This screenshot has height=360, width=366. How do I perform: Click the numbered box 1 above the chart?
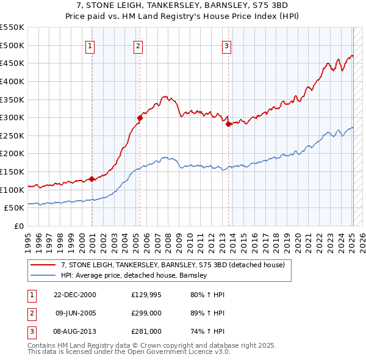click(x=90, y=45)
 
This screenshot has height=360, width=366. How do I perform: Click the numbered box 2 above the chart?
click(x=138, y=45)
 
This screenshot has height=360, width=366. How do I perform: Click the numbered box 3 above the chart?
click(x=226, y=45)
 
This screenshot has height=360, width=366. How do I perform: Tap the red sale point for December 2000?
click(x=92, y=179)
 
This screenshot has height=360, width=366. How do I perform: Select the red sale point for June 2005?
click(x=140, y=118)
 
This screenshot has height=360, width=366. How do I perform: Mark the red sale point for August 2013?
click(x=228, y=124)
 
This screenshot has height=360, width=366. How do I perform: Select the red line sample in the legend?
click(x=44, y=265)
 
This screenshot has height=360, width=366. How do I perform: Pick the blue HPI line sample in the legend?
click(x=44, y=275)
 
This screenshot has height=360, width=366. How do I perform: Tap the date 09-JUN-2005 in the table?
click(x=75, y=313)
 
